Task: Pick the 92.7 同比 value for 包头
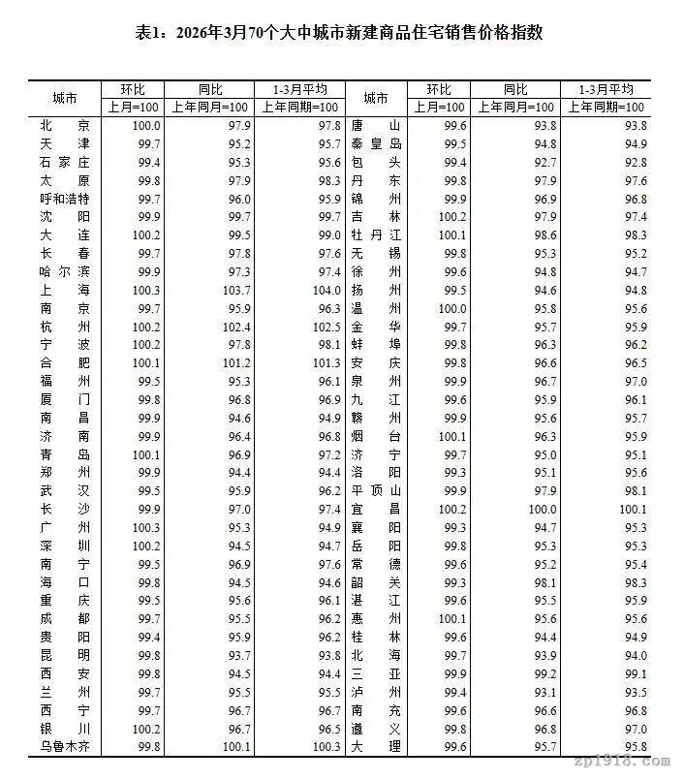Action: tap(544, 162)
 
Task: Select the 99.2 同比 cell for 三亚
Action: tap(544, 673)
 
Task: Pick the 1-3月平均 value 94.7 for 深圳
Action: tap(325, 546)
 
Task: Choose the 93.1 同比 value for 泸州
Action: tap(544, 692)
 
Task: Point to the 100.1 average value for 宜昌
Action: tap(631, 509)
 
